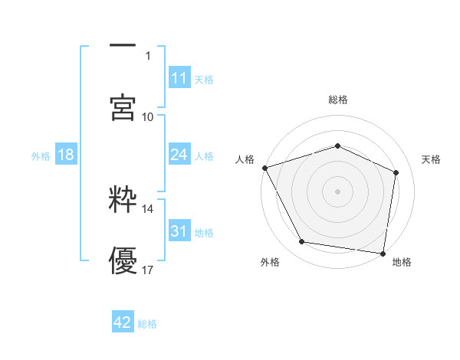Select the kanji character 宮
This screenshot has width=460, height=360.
tap(122, 106)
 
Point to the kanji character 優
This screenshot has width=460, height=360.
tap(122, 260)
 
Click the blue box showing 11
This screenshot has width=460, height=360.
tap(179, 78)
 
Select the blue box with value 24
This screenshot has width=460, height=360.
tap(179, 155)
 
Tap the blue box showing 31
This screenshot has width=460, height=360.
tap(179, 231)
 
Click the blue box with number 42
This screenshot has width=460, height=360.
tap(122, 323)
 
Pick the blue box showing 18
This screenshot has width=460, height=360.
tap(66, 155)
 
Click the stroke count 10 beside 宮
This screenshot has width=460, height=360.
tap(148, 116)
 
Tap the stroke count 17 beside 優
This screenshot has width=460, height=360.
tap(148, 270)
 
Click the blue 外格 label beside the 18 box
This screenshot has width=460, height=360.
tap(41, 155)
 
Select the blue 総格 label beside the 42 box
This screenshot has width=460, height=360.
tap(147, 324)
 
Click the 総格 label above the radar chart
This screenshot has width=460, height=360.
tap(338, 100)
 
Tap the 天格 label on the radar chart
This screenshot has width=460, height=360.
tap(432, 159)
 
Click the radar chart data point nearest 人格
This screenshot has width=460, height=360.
tap(264, 168)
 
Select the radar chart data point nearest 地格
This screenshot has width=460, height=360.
tap(383, 253)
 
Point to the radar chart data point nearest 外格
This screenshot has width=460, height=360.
tap(302, 242)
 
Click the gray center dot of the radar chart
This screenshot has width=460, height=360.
tap(338, 191)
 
